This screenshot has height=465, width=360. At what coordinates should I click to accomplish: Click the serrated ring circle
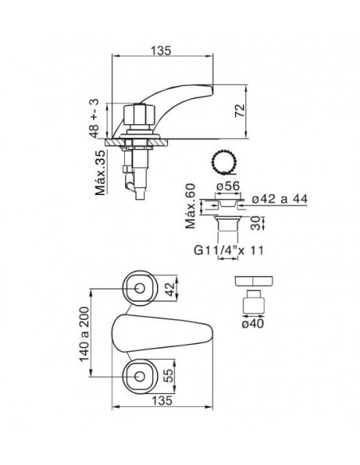223,162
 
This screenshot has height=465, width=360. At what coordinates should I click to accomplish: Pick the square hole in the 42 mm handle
140,288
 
